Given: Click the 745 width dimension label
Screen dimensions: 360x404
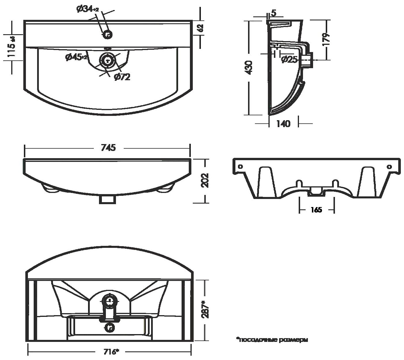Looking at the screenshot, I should (108, 148).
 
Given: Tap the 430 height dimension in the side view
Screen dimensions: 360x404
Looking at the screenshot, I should (249, 68).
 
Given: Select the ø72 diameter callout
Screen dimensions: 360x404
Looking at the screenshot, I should (122, 77).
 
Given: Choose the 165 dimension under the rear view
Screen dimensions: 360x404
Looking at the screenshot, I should (317, 210).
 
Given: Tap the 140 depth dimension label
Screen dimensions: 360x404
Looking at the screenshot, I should (283, 124).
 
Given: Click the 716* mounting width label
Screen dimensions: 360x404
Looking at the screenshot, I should (110, 352).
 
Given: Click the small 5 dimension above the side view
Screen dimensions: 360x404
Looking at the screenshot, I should (273, 13).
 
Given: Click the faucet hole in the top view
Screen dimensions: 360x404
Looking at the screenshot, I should (108, 35).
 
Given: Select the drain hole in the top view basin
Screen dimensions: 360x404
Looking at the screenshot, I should (108, 60).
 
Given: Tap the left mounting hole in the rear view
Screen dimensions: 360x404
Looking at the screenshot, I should (241, 166).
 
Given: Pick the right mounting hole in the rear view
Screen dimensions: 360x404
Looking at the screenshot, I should (389, 166).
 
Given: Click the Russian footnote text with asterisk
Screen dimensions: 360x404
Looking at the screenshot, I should (272, 340).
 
